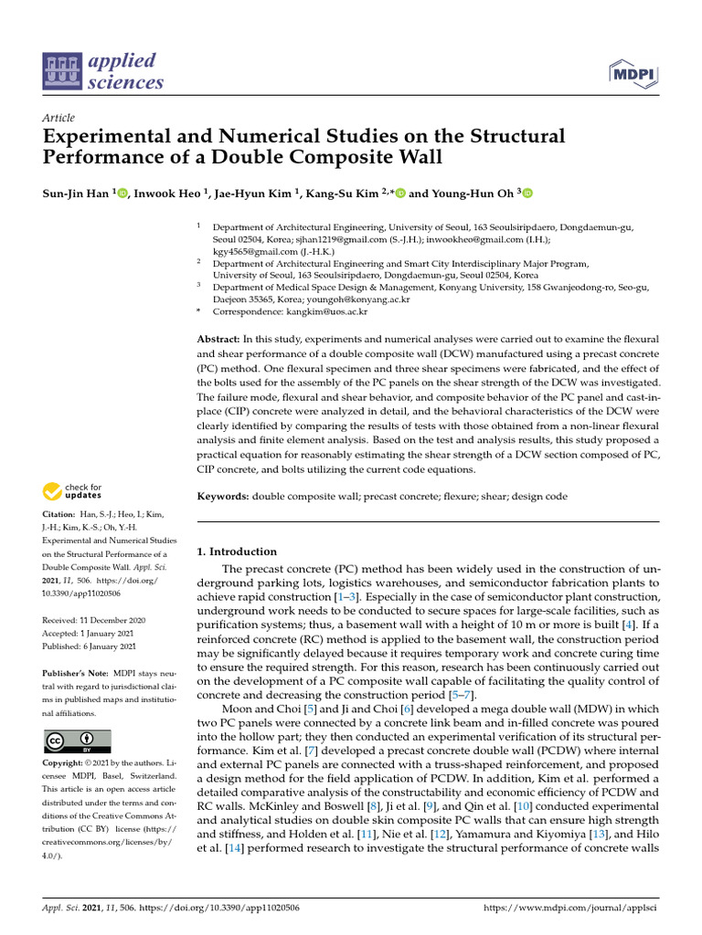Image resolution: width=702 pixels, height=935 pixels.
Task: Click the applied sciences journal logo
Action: coord(103,72)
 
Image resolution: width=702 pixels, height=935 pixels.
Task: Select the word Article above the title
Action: coord(58,118)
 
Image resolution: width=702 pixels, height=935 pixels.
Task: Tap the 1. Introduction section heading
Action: coord(237,552)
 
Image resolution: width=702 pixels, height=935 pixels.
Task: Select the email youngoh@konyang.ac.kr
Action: coord(358,299)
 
